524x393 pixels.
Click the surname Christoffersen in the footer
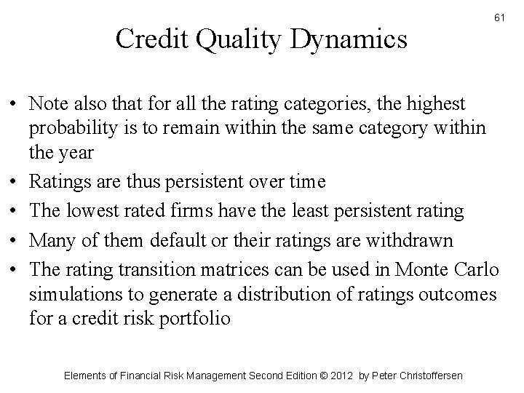(419, 376)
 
